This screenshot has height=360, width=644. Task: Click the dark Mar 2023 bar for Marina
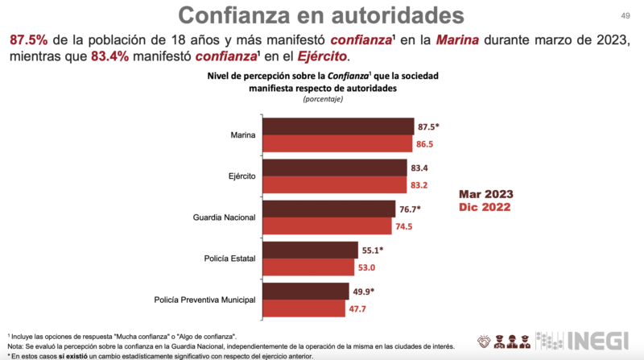[339, 126]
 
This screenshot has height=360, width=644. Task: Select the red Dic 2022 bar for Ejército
[335, 184]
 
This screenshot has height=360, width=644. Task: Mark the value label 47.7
[361, 308]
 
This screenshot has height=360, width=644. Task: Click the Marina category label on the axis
[242, 135]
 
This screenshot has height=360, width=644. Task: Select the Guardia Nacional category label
[223, 217]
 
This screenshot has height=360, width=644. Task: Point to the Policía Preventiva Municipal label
[204, 300]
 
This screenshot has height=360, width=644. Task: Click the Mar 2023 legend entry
[486, 195]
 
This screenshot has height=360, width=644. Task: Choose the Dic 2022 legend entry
[485, 208]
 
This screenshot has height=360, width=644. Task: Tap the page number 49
[625, 15]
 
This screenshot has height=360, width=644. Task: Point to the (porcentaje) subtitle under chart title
[323, 99]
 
